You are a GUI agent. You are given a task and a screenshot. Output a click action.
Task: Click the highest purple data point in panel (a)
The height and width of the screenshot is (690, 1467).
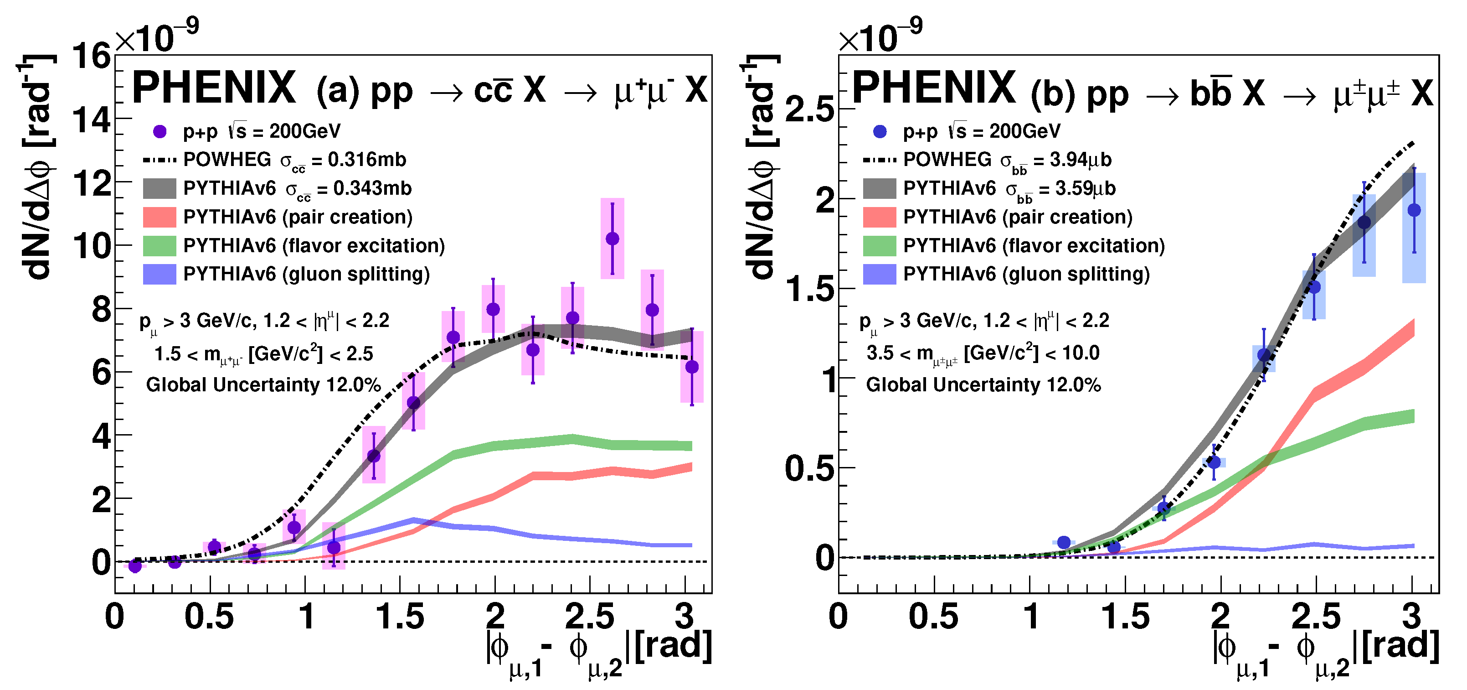612,239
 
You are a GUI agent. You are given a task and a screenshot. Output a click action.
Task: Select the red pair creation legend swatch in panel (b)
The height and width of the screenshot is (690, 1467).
879,217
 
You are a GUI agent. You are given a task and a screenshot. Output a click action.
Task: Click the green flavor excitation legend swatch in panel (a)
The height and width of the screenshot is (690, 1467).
160,245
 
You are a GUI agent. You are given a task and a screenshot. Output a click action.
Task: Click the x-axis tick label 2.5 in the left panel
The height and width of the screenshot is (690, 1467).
589,617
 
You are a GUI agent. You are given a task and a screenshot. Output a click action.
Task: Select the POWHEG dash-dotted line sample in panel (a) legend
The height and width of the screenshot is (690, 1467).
160,160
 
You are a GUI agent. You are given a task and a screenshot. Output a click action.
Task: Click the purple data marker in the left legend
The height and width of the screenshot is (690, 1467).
160,132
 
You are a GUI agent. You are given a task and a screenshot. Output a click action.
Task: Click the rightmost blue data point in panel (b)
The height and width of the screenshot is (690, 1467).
1414,210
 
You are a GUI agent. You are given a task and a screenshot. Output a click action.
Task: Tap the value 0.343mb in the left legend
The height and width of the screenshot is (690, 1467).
372,189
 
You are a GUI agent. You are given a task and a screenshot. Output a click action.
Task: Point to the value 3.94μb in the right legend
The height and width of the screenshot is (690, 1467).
1081,160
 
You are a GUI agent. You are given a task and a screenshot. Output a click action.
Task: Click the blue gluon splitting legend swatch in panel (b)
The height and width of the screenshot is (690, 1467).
879,274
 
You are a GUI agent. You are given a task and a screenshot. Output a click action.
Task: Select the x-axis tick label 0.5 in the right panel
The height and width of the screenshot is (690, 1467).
933,617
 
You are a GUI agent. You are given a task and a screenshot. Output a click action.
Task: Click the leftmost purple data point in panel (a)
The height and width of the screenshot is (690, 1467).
135,566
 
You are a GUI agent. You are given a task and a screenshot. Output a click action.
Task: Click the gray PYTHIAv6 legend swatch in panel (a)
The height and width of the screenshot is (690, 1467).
160,189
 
